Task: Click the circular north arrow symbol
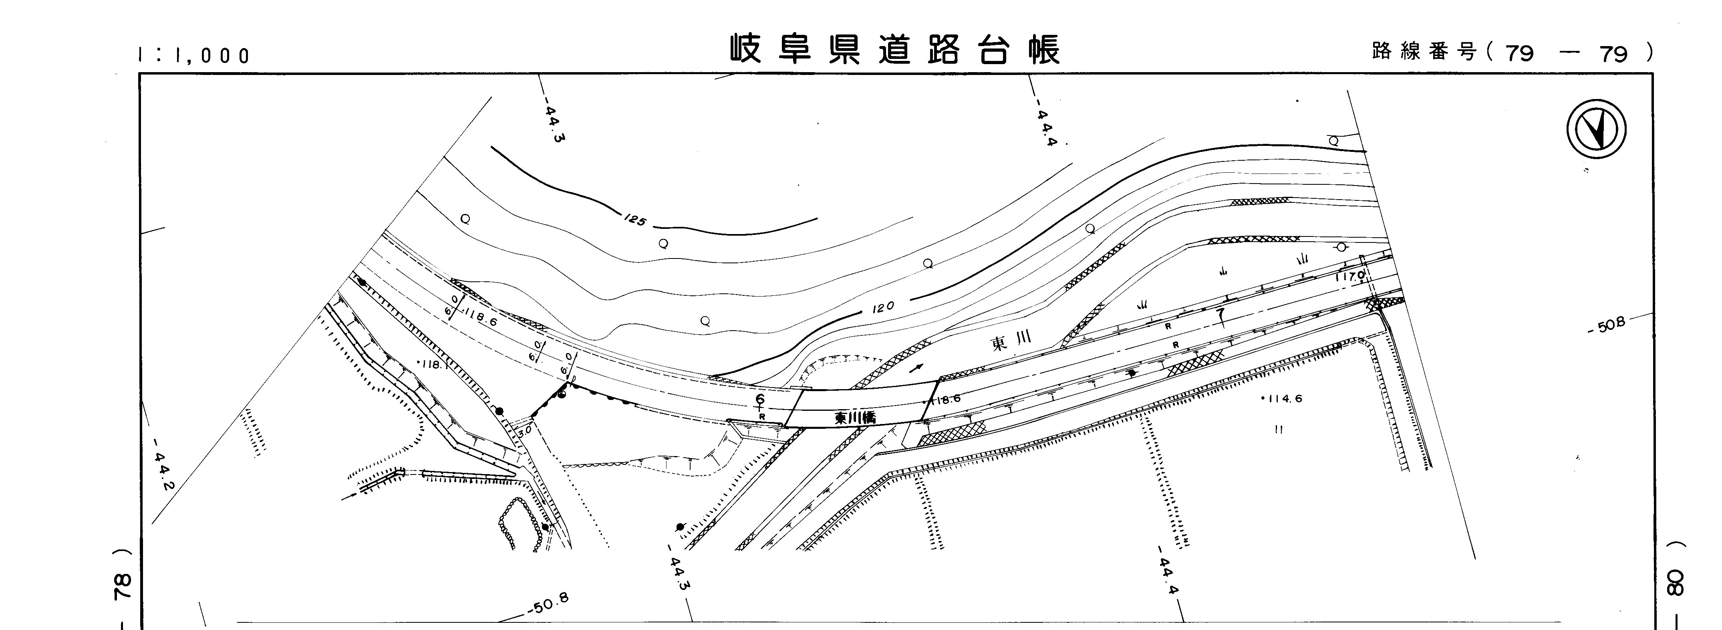(1596, 129)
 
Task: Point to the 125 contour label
(634, 219)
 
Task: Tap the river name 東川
(1011, 341)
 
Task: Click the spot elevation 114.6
(1281, 399)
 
